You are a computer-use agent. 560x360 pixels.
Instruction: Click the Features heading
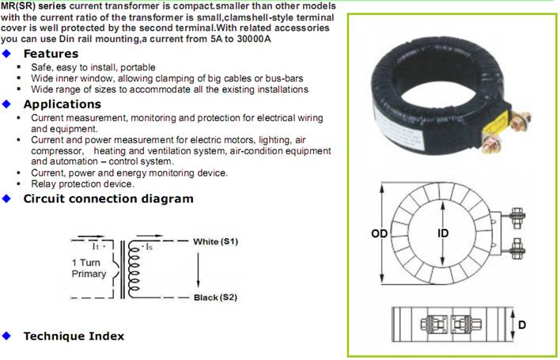[x=51, y=54]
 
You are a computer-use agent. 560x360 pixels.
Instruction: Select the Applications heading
[x=62, y=104]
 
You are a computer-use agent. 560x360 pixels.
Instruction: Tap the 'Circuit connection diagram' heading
[x=108, y=199]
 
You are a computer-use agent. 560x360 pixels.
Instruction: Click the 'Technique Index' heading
[x=74, y=336]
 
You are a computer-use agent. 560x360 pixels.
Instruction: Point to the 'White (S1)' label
[x=216, y=241]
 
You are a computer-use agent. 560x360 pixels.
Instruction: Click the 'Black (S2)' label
[x=216, y=297]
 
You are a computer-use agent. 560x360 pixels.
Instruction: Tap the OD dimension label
[x=379, y=234]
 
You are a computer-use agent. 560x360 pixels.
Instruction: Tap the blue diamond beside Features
[x=6, y=54]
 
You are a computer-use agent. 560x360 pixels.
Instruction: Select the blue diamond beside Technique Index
[x=6, y=336]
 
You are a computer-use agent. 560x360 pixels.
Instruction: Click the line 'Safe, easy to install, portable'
[x=93, y=67]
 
